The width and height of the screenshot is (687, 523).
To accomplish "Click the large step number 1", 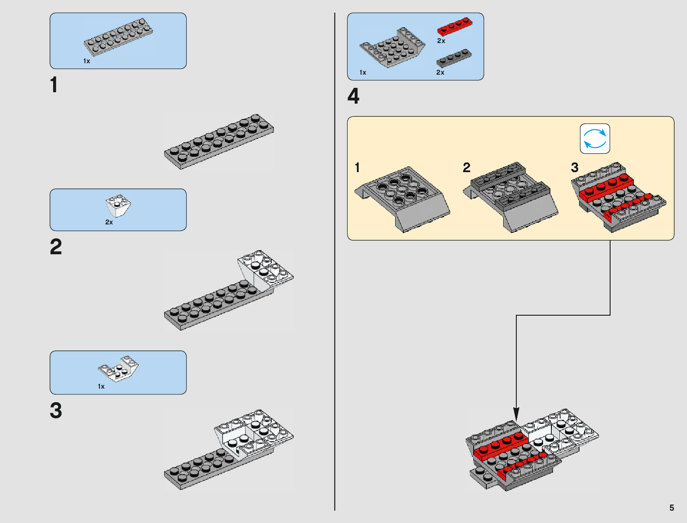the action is [x=54, y=84].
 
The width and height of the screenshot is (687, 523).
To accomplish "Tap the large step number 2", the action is [x=56, y=247].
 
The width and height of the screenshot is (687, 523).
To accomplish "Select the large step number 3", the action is [x=56, y=410].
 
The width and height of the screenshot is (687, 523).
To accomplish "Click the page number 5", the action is [x=672, y=508].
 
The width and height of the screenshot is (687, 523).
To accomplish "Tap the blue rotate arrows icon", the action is [x=595, y=139].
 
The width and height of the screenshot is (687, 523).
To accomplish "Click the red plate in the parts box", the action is [x=455, y=26].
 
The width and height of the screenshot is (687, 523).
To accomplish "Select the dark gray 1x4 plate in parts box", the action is [x=454, y=58].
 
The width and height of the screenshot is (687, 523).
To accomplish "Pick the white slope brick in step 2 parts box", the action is [x=118, y=206].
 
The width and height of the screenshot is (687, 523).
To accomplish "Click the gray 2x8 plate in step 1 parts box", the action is [x=118, y=37].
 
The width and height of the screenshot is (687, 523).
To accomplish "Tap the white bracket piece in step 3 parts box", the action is [x=118, y=368].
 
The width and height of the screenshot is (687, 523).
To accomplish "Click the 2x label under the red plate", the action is [x=441, y=41].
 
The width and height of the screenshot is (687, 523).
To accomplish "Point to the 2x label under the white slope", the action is [x=109, y=222].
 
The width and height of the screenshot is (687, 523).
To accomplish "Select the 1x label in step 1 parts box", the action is [x=86, y=61].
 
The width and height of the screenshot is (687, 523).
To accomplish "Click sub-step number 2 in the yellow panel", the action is [x=466, y=167].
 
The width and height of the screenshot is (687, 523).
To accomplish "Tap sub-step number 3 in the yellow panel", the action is [x=575, y=167].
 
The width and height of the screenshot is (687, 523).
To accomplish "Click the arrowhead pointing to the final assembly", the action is [x=516, y=413].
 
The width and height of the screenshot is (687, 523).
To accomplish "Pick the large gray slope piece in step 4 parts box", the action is [x=392, y=47].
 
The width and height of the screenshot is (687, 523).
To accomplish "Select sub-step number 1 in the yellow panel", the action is [x=357, y=167].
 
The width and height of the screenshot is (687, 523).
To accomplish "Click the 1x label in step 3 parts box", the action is [x=101, y=386].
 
